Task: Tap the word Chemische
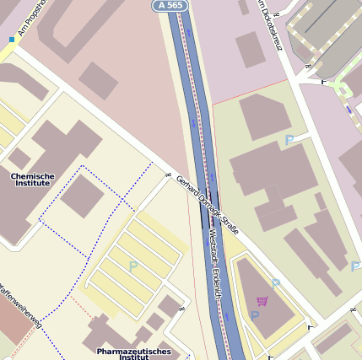[32, 176]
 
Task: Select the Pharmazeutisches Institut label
[133, 353]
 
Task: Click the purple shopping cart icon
[262, 301]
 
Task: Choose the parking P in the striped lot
[132, 266]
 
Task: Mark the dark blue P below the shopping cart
[255, 316]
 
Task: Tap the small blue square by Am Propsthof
[12, 39]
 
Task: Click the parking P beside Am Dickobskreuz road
[289, 140]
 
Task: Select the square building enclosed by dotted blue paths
[82, 195]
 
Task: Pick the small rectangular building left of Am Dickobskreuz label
[251, 49]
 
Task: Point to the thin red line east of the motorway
[253, 89]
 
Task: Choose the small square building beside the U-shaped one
[99, 80]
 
